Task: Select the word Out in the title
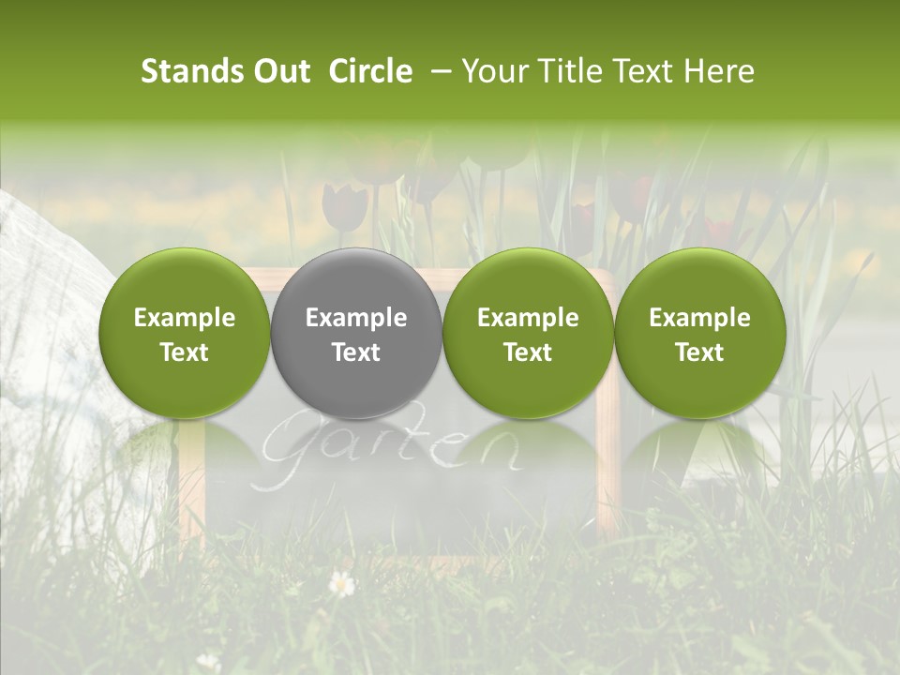pyautogui.click(x=281, y=71)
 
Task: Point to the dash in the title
pyautogui.click(x=438, y=71)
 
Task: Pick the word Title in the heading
pyautogui.click(x=565, y=71)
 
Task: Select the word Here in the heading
pyautogui.click(x=722, y=71)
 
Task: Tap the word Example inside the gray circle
pyautogui.click(x=356, y=318)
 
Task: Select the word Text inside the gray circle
pyautogui.click(x=356, y=352)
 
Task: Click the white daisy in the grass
pyautogui.click(x=342, y=584)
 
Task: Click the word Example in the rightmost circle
pyautogui.click(x=699, y=318)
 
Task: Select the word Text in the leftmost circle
pyautogui.click(x=184, y=352)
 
